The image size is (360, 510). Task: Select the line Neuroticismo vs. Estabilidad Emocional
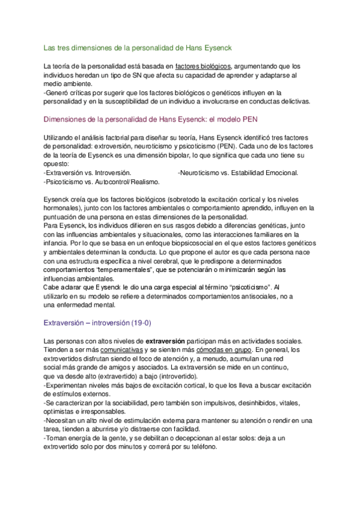coord(238,173)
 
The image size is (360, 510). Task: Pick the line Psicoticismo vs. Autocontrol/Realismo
coord(102,181)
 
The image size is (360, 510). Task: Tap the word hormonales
coord(63,207)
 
